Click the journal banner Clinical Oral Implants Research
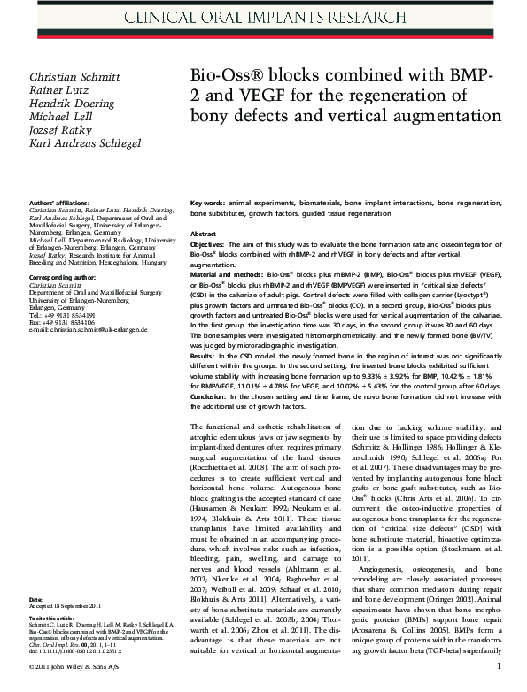[263, 17]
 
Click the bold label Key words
[207, 203]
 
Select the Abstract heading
[204, 233]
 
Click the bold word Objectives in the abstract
[212, 243]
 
